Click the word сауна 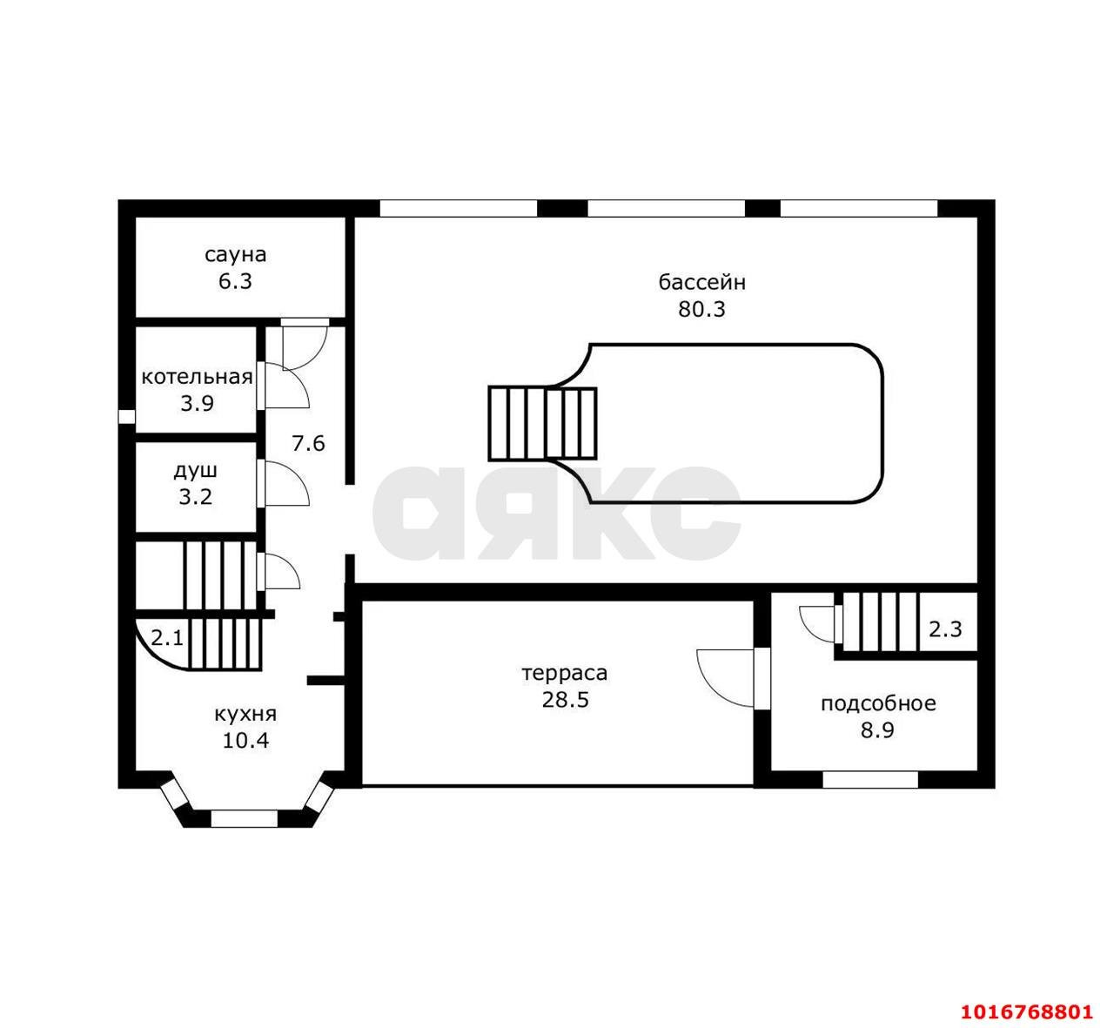coord(235,255)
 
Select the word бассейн coord(702,282)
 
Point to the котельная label coord(197,377)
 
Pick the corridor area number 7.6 coord(308,443)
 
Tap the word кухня coord(245,715)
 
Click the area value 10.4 coord(245,741)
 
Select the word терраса coord(565,674)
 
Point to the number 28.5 coord(566,701)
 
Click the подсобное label coord(878,703)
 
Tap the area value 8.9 coord(878,730)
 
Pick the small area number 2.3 coord(946,629)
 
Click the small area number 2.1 coord(167,638)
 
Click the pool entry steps coord(542,424)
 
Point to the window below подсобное coord(870,779)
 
